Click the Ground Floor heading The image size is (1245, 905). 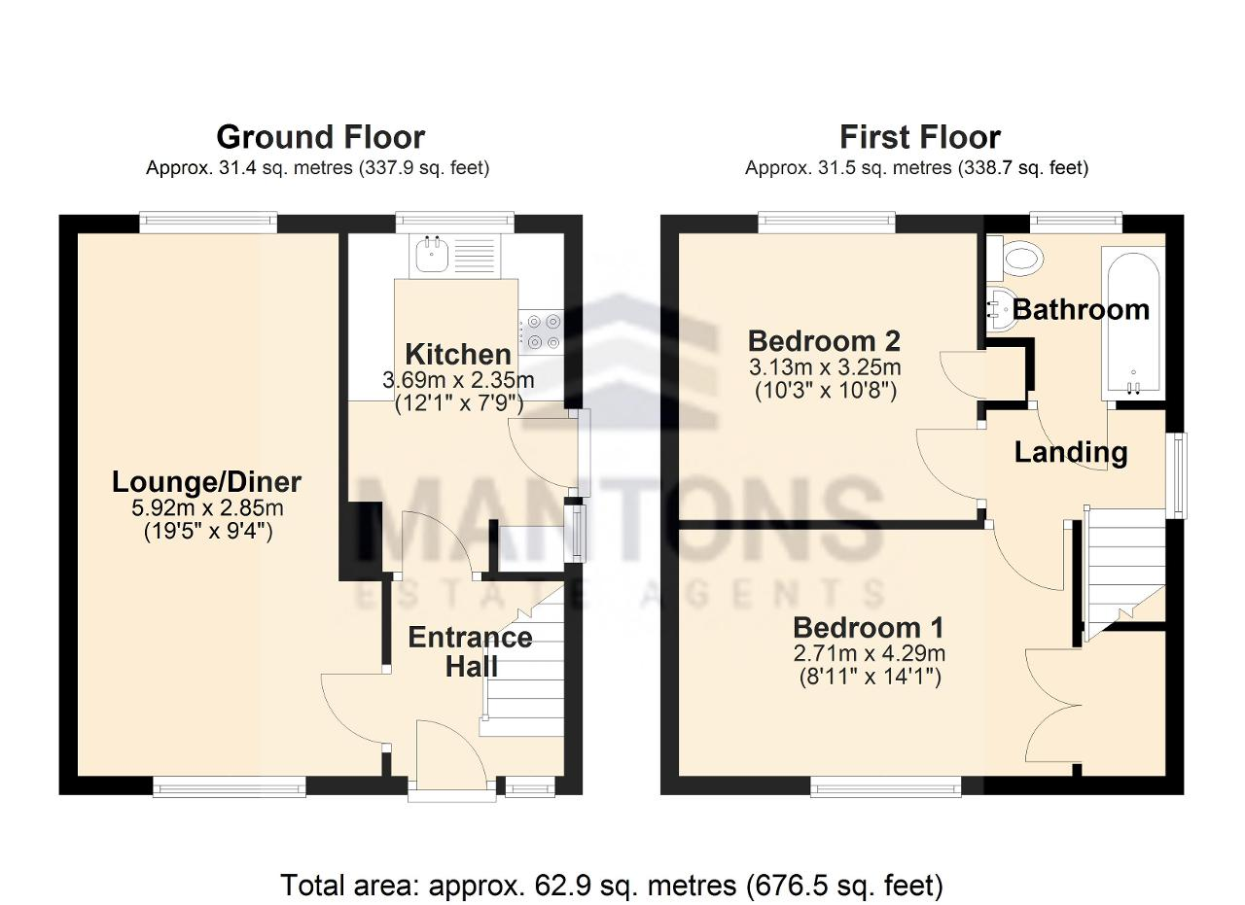321,137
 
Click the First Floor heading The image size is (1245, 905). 920,137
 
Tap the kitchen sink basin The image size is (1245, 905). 430,255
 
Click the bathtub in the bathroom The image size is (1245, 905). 1133,324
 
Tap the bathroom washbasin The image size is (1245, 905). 1002,311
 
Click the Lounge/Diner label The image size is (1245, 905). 207,482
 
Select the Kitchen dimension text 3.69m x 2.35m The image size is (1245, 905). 458,380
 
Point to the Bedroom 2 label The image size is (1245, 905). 824,341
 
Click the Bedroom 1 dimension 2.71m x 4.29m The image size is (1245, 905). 870,653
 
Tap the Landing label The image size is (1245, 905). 1071,452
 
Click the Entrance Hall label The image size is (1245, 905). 471,651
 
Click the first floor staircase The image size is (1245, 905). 1123,573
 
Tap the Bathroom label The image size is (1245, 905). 1081,309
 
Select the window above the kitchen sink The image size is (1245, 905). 454,221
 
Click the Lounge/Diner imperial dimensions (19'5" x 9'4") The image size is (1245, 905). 208,533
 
